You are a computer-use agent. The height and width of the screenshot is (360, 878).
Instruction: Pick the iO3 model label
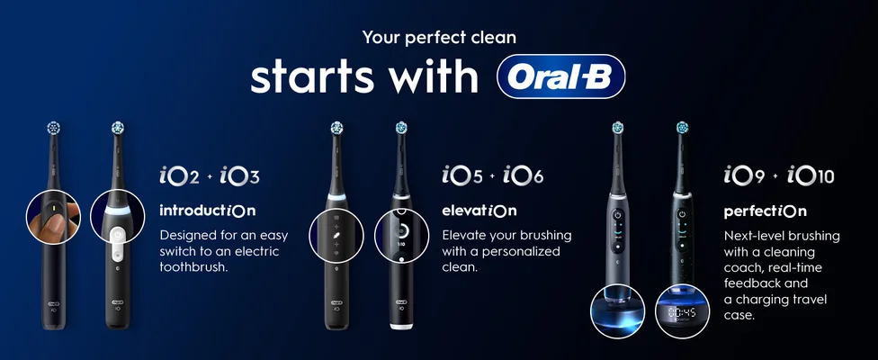pos(238,175)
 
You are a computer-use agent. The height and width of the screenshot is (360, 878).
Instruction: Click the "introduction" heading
pos(207,211)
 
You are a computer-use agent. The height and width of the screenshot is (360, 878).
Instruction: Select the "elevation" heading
pos(479,211)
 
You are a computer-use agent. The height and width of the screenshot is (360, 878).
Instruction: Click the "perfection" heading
pos(765,212)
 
